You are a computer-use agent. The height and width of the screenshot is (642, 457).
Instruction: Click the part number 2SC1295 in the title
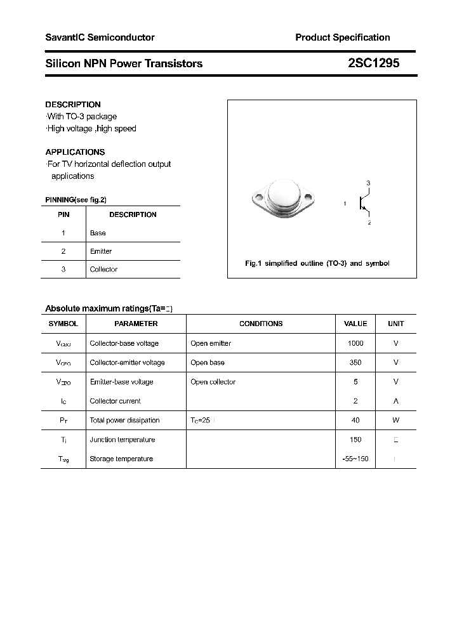click(374, 63)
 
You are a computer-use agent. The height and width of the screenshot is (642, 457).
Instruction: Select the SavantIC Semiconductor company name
click(100, 37)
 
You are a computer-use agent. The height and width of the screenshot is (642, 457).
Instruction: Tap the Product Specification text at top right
click(342, 37)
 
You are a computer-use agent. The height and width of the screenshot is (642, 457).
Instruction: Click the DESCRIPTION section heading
click(73, 105)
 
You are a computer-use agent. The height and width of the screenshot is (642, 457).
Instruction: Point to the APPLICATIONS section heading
click(75, 152)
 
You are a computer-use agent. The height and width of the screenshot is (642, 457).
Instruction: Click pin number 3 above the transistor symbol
click(368, 183)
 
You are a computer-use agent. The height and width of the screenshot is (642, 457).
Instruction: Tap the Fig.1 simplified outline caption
click(317, 263)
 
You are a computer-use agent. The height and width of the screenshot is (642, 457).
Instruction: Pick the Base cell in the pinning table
click(98, 233)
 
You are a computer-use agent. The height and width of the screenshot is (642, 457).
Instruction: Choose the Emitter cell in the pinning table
click(101, 251)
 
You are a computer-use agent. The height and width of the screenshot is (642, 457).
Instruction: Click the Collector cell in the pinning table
click(103, 270)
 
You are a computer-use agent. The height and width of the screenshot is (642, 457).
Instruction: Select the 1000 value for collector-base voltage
click(355, 343)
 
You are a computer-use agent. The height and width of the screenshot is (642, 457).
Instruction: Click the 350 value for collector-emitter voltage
click(355, 363)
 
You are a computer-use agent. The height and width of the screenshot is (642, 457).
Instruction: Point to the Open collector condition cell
click(213, 382)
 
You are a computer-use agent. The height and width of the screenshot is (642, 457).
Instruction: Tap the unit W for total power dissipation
click(395, 421)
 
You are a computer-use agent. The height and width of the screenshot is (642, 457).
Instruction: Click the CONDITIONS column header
click(261, 324)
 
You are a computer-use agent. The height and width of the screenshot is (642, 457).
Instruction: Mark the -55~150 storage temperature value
click(355, 459)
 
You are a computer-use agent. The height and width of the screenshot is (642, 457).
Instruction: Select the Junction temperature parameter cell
click(121, 440)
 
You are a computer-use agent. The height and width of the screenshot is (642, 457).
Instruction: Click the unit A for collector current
click(395, 401)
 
